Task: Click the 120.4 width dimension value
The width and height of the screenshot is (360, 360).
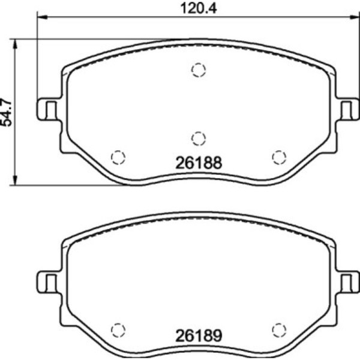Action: coord(199,8)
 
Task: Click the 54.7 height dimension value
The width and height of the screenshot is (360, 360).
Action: coord(6,113)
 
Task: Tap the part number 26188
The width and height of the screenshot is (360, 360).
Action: coord(199,163)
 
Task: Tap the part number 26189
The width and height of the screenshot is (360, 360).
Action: coord(199,335)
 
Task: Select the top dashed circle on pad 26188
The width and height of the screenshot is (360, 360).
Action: coord(199,70)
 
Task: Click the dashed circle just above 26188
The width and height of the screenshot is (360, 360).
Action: coord(199,139)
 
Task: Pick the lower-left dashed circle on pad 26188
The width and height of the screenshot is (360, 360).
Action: coord(118,157)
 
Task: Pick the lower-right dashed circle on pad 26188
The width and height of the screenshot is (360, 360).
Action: coord(279,157)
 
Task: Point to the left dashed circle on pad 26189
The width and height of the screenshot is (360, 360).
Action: coord(118,330)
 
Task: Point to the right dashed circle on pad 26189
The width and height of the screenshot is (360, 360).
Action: coord(279,330)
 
